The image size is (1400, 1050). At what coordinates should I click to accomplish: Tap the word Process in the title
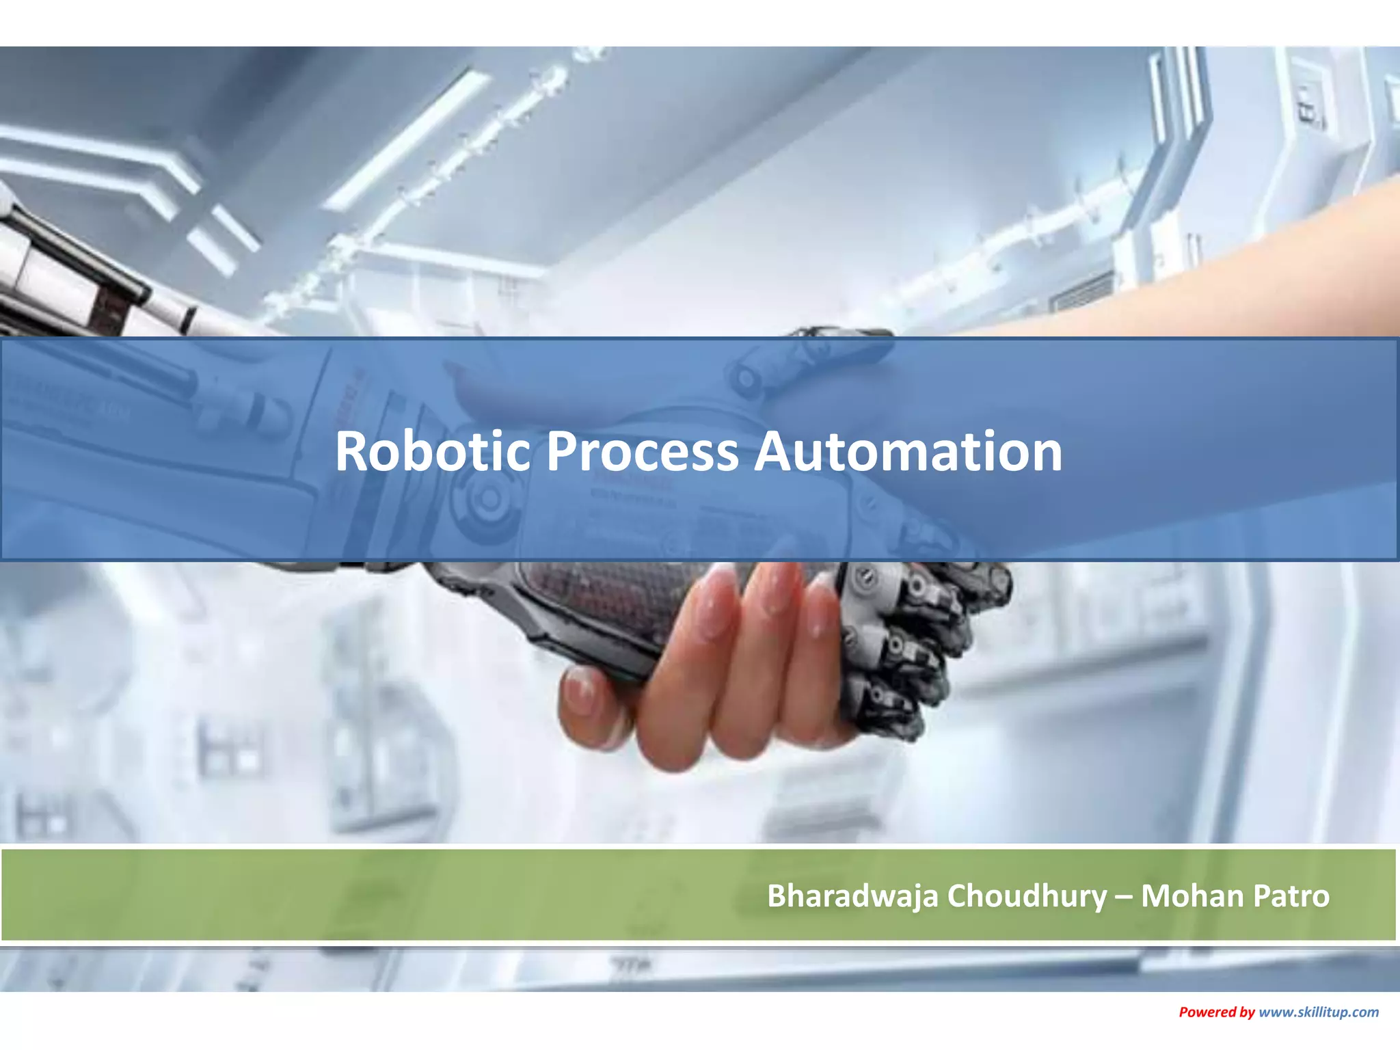coord(642,451)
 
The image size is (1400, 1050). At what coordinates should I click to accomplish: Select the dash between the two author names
coord(1124,896)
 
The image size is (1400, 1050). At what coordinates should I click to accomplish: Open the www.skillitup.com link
coord(1319,1012)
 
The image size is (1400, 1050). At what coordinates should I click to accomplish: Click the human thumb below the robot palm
coord(588,704)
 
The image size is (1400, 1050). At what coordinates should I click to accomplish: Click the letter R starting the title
coord(353,451)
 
